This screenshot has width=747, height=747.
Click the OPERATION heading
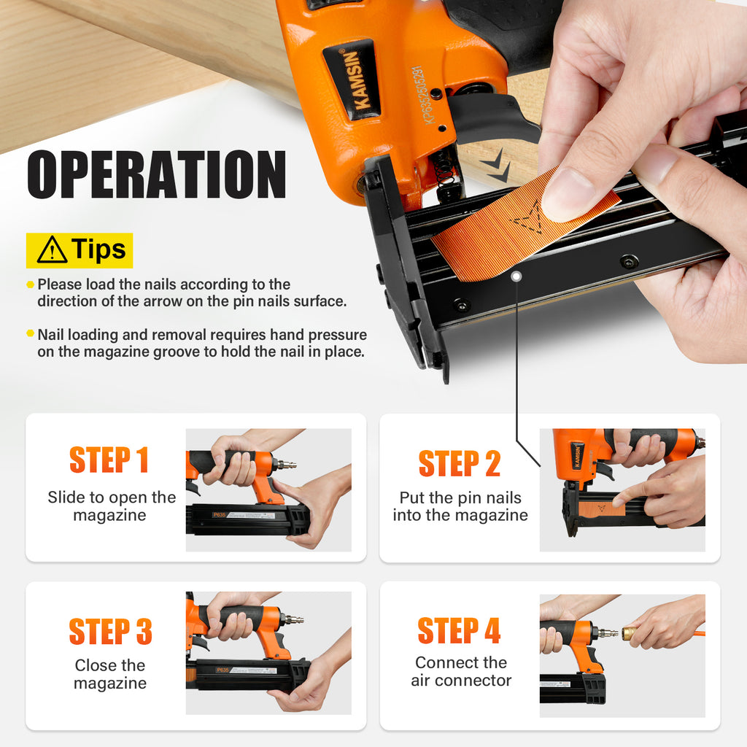coord(156,174)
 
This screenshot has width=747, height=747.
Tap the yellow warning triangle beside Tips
coord(52,250)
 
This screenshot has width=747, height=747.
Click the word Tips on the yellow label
coord(98,249)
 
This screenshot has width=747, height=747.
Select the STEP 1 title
coord(109,460)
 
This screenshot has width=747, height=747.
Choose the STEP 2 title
coord(460,464)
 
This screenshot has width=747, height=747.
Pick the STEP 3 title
coord(111,632)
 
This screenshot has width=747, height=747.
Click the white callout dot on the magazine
coord(516,276)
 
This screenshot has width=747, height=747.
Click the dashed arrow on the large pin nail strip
coord(528,217)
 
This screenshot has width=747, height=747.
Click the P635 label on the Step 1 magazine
coord(219,514)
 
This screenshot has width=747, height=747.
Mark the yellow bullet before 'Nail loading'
coord(31,333)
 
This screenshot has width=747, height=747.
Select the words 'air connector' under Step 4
coord(461,681)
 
